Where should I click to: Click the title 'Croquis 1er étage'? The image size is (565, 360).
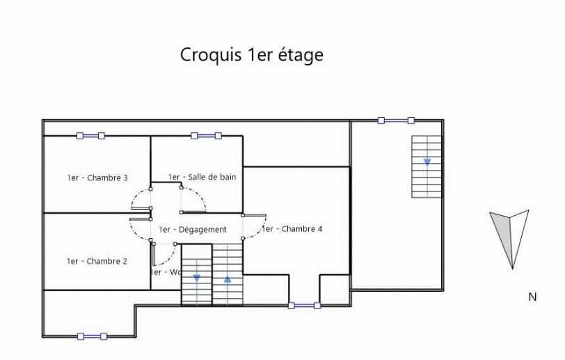[x=252, y=54]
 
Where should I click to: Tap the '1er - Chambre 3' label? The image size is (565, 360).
[x=97, y=178]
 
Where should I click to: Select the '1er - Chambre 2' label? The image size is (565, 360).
[x=97, y=261]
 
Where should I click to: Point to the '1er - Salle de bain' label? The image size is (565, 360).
[x=202, y=177]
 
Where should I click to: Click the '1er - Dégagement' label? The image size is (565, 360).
[x=193, y=229]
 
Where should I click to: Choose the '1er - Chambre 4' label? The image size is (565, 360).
[x=292, y=228]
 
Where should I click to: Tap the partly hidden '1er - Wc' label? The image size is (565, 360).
[x=166, y=272]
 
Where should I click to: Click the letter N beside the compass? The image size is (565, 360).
[x=532, y=297]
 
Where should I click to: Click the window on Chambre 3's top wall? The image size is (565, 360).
[x=90, y=136]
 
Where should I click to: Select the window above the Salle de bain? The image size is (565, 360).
[x=206, y=136]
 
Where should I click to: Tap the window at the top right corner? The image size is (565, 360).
[x=396, y=120]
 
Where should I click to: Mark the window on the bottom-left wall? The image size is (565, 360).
[x=92, y=336]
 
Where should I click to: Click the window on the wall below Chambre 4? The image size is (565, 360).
[x=304, y=305]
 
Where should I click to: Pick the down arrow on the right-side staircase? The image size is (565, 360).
[x=427, y=159]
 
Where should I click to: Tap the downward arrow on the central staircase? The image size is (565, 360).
[x=197, y=276]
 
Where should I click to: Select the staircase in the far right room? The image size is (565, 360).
[x=427, y=166]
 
